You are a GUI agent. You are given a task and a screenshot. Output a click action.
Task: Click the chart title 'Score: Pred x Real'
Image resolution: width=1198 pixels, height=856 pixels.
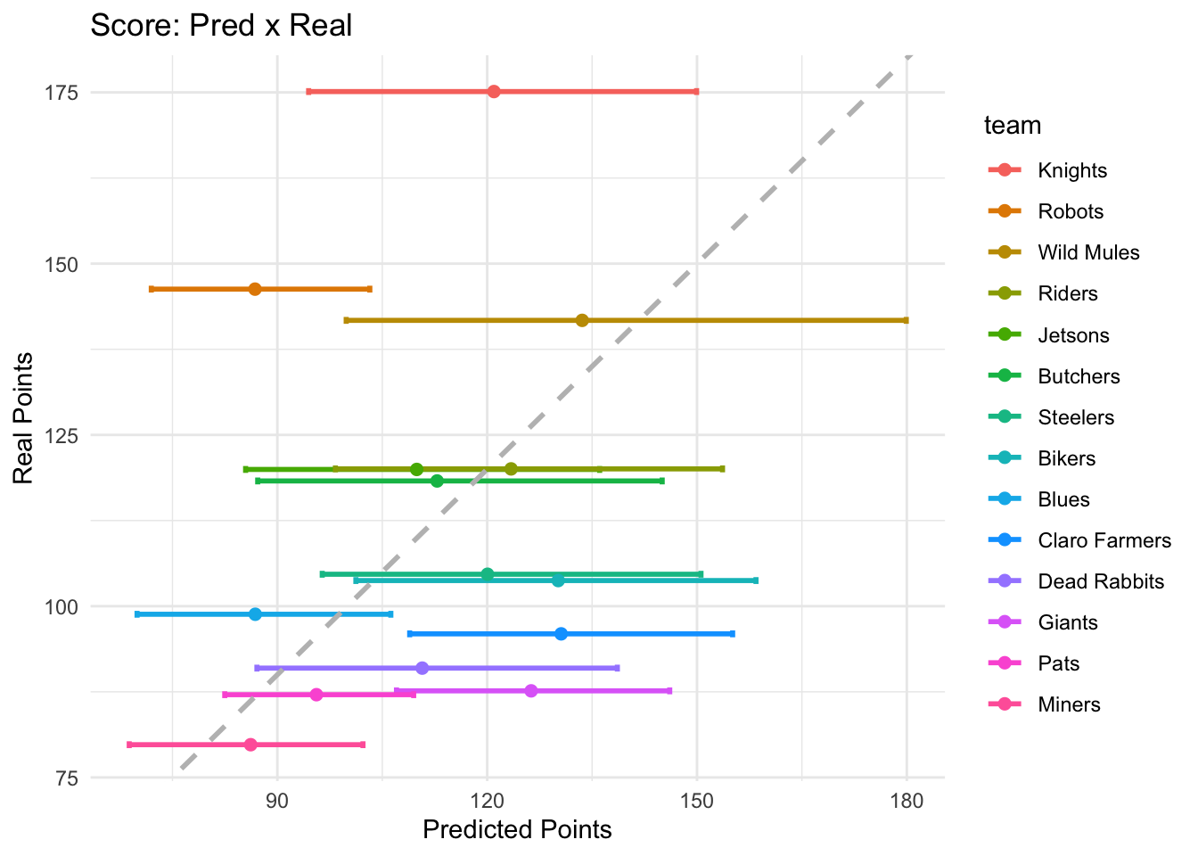click(221, 25)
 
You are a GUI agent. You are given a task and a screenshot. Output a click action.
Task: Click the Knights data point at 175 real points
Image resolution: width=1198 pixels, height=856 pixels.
click(494, 92)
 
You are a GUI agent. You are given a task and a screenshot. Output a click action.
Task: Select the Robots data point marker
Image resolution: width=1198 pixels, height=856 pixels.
click(255, 289)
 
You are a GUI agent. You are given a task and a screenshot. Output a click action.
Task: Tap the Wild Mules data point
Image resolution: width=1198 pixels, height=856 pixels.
click(582, 320)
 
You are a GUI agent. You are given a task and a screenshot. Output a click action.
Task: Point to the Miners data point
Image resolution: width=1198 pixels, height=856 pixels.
click(250, 745)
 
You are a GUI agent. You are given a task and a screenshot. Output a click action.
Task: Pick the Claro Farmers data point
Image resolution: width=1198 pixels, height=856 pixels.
click(561, 634)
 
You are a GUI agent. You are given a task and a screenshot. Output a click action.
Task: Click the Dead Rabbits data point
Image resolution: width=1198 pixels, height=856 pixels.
click(423, 668)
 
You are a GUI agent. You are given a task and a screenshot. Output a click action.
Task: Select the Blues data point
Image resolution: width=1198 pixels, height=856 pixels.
click(255, 614)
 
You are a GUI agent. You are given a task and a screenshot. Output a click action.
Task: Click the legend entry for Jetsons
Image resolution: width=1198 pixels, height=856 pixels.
click(1073, 335)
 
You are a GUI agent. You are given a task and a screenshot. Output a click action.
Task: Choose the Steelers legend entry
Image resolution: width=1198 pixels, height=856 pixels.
click(1076, 417)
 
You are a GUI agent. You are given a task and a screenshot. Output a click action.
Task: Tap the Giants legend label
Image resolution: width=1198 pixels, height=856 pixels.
click(1067, 622)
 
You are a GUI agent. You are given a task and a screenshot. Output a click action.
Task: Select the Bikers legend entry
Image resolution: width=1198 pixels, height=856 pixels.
click(1066, 458)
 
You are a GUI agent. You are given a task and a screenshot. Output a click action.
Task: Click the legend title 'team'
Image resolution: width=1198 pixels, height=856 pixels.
click(1013, 126)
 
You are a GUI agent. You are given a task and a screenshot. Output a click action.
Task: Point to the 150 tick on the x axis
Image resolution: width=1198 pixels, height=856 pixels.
click(697, 800)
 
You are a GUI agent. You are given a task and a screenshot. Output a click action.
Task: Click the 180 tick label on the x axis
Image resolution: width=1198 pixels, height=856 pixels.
click(907, 800)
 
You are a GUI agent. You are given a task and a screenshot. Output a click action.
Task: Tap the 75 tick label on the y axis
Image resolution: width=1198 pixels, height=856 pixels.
click(68, 778)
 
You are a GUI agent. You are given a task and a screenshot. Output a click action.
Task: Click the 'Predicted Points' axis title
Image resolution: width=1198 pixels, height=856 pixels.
click(517, 830)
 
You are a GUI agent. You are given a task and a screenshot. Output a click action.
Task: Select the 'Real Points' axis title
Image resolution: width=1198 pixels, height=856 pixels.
click(24, 418)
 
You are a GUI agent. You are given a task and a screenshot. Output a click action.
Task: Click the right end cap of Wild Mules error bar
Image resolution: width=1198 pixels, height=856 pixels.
click(906, 320)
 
